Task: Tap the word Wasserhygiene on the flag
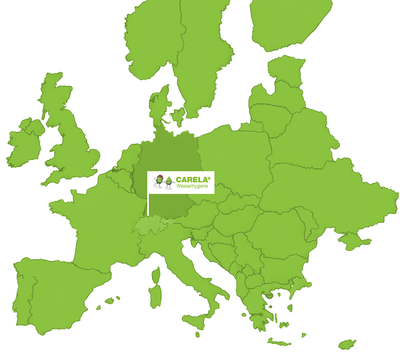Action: pyautogui.click(x=195, y=187)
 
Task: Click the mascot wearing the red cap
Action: pyautogui.click(x=159, y=181)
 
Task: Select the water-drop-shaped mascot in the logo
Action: pyautogui.click(x=168, y=182)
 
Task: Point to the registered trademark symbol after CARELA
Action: pyautogui.click(x=209, y=178)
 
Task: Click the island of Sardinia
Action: pyautogui.click(x=155, y=295)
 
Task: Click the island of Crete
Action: pyautogui.click(x=279, y=343)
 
